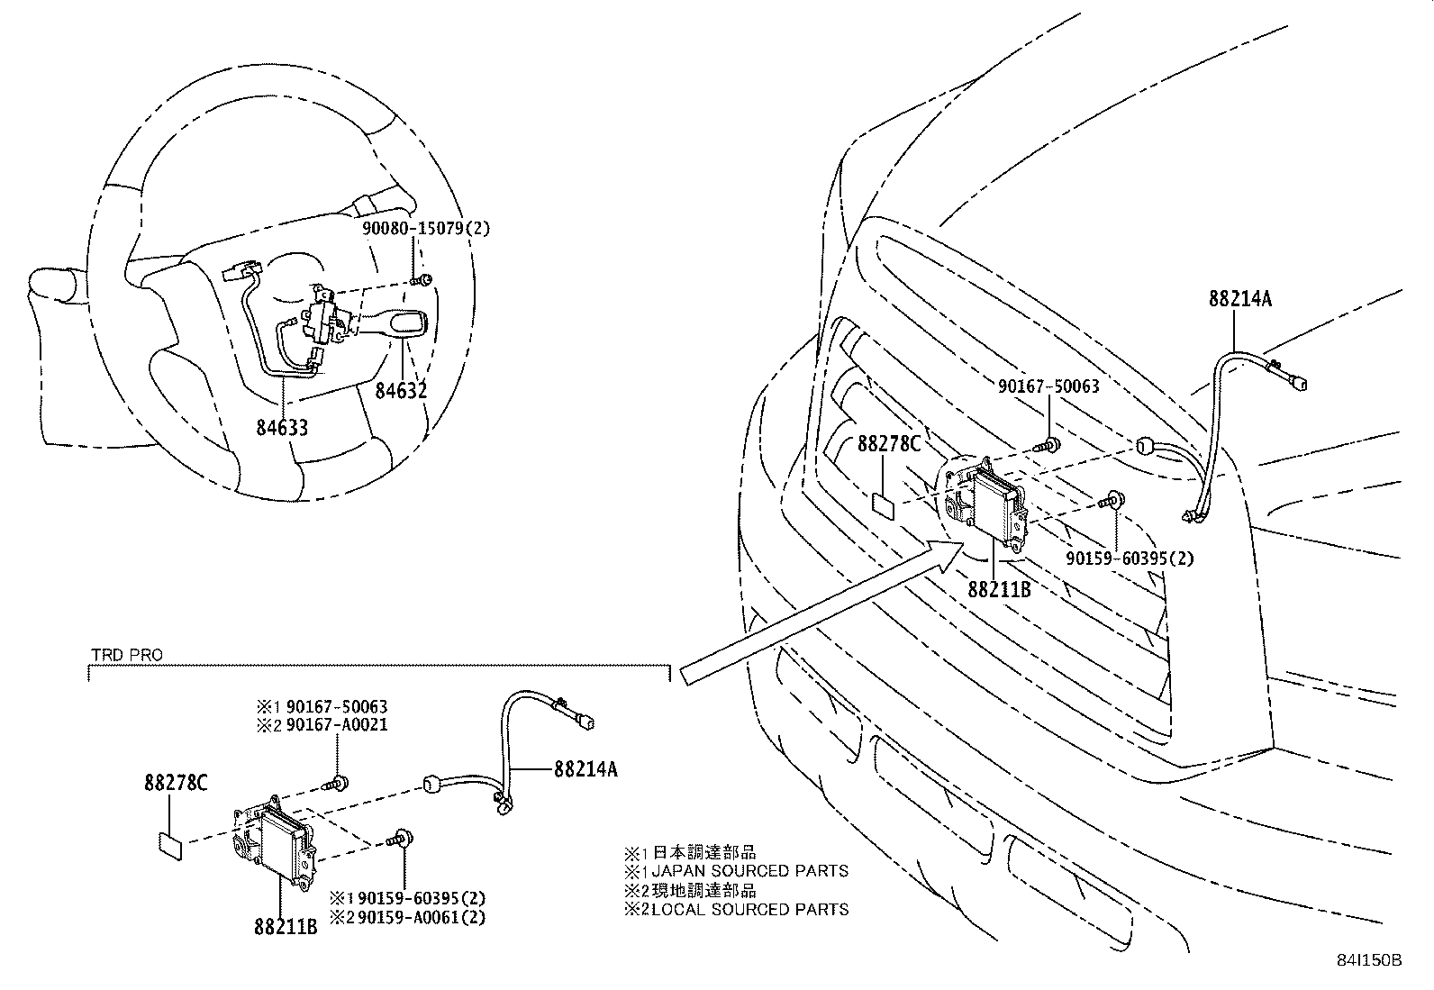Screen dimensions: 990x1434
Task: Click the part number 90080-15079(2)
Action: [x=426, y=229]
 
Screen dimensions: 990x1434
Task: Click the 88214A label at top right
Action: [x=1240, y=299]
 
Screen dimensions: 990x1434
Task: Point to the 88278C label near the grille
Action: [x=889, y=444]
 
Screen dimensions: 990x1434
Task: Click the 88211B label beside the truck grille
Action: [x=999, y=590]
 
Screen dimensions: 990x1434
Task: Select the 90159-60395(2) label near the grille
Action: [x=1130, y=559]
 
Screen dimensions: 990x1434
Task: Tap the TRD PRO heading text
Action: [x=126, y=655]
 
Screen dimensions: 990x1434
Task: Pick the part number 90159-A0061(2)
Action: [x=419, y=917]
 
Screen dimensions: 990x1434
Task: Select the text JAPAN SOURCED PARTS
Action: [x=749, y=871]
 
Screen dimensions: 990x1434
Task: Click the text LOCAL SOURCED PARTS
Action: [x=749, y=910]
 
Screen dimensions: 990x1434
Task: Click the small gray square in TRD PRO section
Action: [x=171, y=844]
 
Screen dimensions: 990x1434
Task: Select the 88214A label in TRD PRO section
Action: [x=585, y=769]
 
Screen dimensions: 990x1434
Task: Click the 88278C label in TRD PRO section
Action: [x=176, y=784]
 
